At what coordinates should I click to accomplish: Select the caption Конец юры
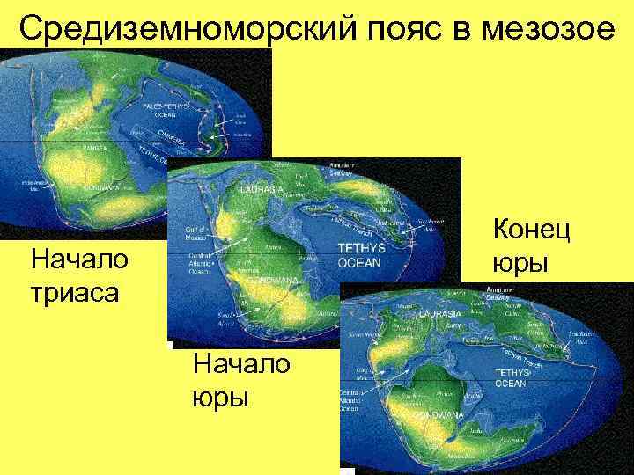pos(532,246)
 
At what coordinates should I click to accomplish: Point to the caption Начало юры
pos(240,380)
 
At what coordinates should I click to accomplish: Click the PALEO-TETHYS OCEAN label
pos(166,109)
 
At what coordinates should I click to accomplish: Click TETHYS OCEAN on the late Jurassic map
pos(511,378)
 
